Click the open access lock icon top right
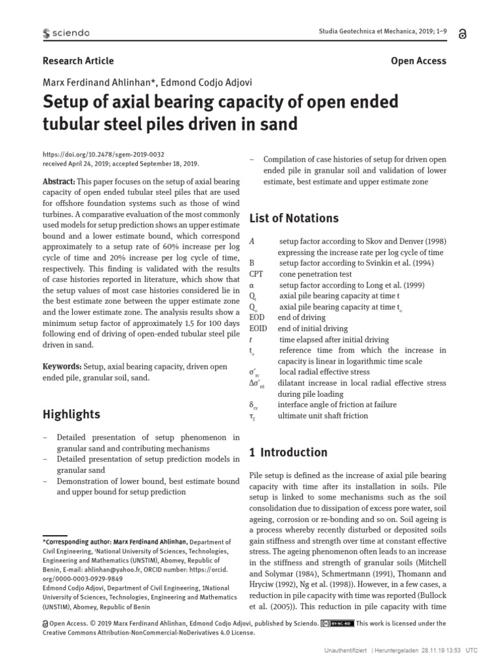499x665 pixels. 462,34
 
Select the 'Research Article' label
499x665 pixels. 78,60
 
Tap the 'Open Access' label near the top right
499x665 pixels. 418,60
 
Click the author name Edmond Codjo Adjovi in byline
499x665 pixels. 211,82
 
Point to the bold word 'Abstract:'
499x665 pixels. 58,181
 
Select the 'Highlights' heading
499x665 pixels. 71,414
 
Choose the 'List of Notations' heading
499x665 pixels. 294,218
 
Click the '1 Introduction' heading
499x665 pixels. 288,453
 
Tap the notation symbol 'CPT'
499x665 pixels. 256,274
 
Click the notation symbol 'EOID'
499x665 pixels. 258,329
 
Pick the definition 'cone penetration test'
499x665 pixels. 315,274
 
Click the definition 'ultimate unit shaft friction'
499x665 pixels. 323,416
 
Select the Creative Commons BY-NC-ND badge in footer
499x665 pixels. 338,623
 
